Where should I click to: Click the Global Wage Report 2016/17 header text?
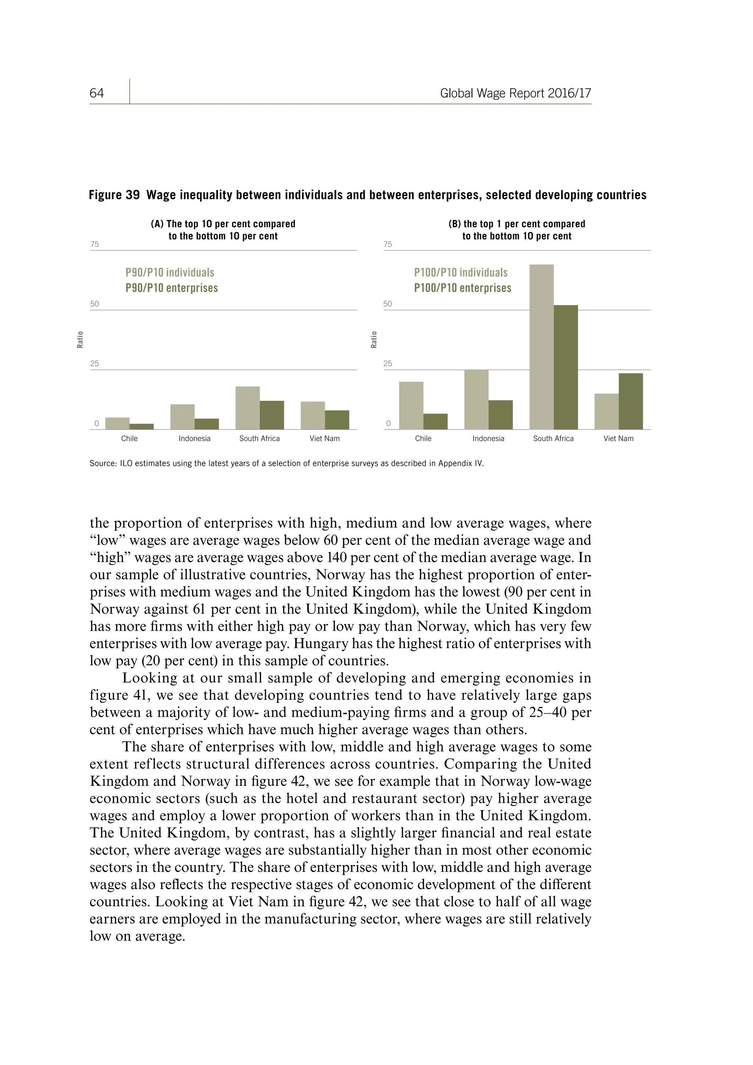coord(515,93)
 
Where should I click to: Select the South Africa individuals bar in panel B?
coord(541,346)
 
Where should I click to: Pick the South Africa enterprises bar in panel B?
coord(566,367)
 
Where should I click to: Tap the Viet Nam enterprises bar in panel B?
coord(631,401)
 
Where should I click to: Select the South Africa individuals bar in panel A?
coord(247,408)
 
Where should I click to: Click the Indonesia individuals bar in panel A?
coord(182,417)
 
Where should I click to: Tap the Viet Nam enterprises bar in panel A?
coord(337,419)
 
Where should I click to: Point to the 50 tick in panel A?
coord(94,304)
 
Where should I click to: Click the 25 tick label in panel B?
coord(388,364)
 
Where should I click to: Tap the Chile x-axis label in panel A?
coord(129,438)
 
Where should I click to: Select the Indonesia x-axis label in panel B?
coord(488,438)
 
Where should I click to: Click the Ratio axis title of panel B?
coord(374,339)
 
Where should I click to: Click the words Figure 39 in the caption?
coord(114,195)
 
